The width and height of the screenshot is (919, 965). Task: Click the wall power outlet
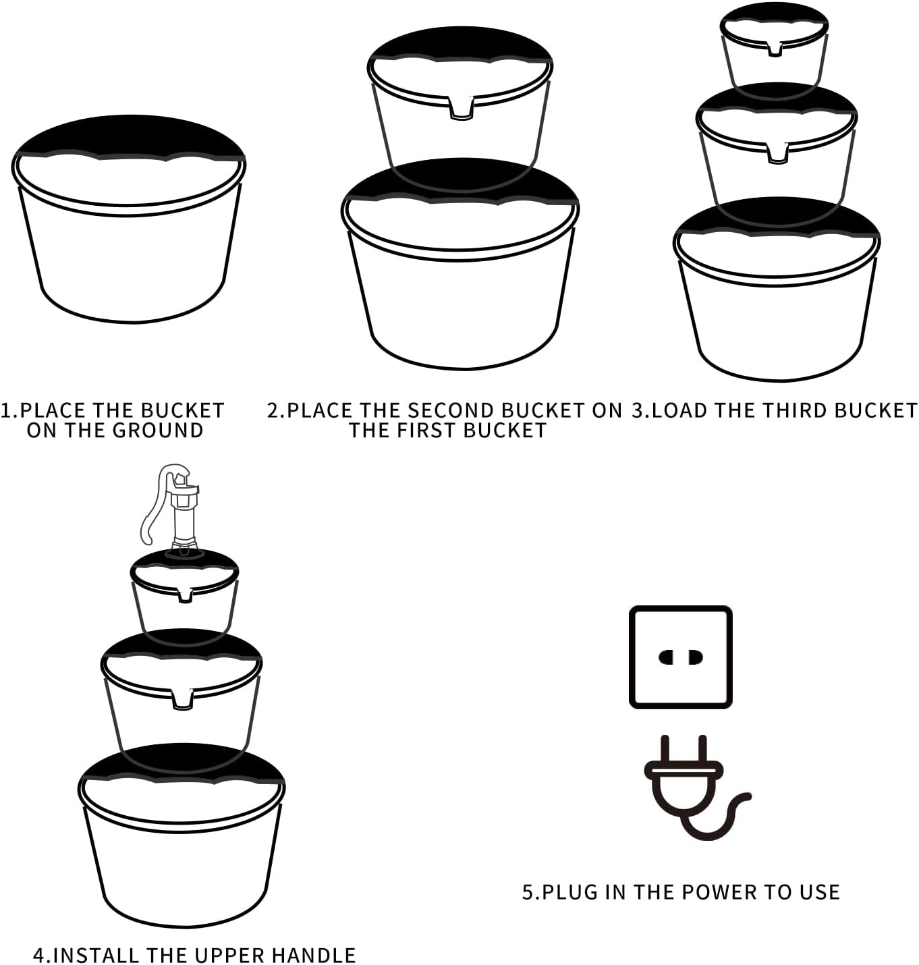pyautogui.click(x=680, y=657)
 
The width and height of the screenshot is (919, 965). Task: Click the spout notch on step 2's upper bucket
pyautogui.click(x=461, y=108)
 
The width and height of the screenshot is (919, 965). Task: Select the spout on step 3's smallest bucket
pyautogui.click(x=775, y=49)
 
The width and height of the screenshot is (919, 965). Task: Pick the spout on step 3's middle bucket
pyautogui.click(x=777, y=153)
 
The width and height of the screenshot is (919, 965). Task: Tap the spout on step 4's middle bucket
pyautogui.click(x=183, y=698)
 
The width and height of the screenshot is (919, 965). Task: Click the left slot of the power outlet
pyautogui.click(x=666, y=657)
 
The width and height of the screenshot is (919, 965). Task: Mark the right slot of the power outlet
pyautogui.click(x=696, y=657)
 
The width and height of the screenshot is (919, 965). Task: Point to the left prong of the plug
pyautogui.click(x=665, y=750)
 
